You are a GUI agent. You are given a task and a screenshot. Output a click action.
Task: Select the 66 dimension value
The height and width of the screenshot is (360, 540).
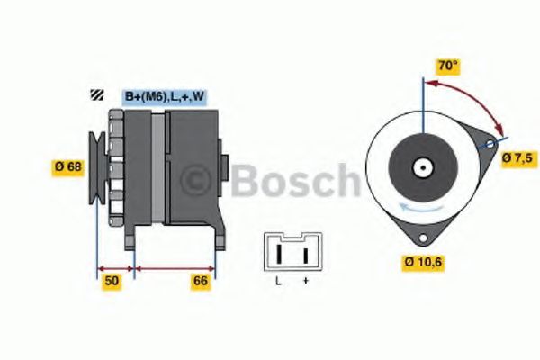(x=201, y=281)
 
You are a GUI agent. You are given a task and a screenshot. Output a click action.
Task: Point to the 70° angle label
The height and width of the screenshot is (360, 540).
(x=447, y=66)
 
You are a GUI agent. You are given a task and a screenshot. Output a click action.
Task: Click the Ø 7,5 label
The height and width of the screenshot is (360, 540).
(x=517, y=157)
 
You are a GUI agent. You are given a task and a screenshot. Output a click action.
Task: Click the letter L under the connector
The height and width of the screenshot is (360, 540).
(x=278, y=282)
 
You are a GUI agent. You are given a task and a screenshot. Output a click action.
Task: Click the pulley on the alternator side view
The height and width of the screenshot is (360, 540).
(x=96, y=166)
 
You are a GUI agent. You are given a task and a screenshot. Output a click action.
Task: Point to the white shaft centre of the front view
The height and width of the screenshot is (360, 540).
(x=421, y=166)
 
